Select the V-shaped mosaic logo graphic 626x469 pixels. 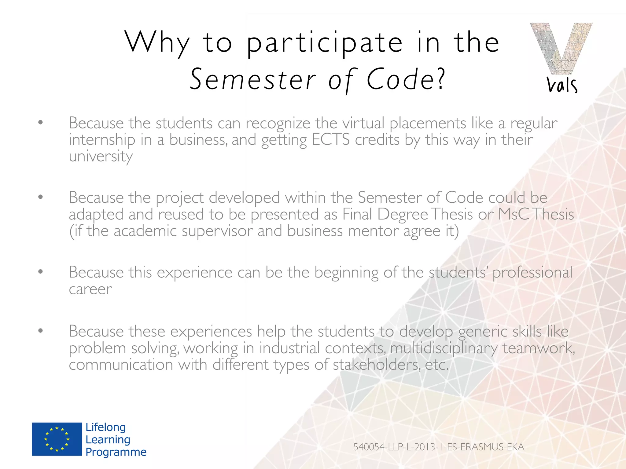pyautogui.click(x=561, y=49)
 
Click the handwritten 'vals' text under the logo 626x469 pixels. pyautogui.click(x=562, y=85)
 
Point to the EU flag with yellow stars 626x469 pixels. pyautogui.click(x=57, y=439)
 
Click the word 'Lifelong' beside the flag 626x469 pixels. pyautogui.click(x=105, y=427)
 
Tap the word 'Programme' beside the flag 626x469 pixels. pyautogui.click(x=116, y=452)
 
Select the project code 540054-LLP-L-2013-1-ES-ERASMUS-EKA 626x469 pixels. pyautogui.click(x=439, y=447)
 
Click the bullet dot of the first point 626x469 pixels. pyautogui.click(x=40, y=123)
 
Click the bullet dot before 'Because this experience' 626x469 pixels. pyautogui.click(x=40, y=271)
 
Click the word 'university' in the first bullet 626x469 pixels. pyautogui.click(x=101, y=157)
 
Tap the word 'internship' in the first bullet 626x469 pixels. pyautogui.click(x=102, y=140)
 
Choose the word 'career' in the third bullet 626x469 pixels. pyautogui.click(x=90, y=289)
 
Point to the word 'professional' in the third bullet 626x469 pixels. pyautogui.click(x=532, y=272)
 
